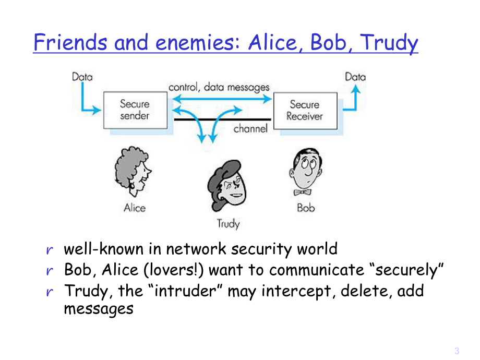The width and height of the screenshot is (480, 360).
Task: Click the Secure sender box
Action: pyautogui.click(x=135, y=110)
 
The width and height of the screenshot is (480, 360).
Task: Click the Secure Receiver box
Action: pyautogui.click(x=305, y=110)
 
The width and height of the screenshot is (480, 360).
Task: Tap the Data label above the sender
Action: pyautogui.click(x=82, y=77)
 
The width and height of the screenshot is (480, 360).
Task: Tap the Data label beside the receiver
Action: pyautogui.click(x=355, y=77)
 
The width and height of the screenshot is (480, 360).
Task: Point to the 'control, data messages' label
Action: pyautogui.click(x=219, y=87)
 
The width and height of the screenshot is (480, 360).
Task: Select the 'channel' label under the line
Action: pyautogui.click(x=250, y=128)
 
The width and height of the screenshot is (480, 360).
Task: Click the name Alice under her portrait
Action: pyautogui.click(x=135, y=208)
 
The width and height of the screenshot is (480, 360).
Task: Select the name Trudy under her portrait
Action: pyautogui.click(x=228, y=224)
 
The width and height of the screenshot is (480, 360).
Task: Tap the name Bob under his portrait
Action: pyautogui.click(x=306, y=208)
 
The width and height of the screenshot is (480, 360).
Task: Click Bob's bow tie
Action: pyautogui.click(x=303, y=193)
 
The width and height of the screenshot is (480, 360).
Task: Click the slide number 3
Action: pyautogui.click(x=457, y=350)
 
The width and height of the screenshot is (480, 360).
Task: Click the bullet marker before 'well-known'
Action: pyautogui.click(x=50, y=250)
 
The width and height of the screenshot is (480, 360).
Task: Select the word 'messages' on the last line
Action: pyautogui.click(x=99, y=308)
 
